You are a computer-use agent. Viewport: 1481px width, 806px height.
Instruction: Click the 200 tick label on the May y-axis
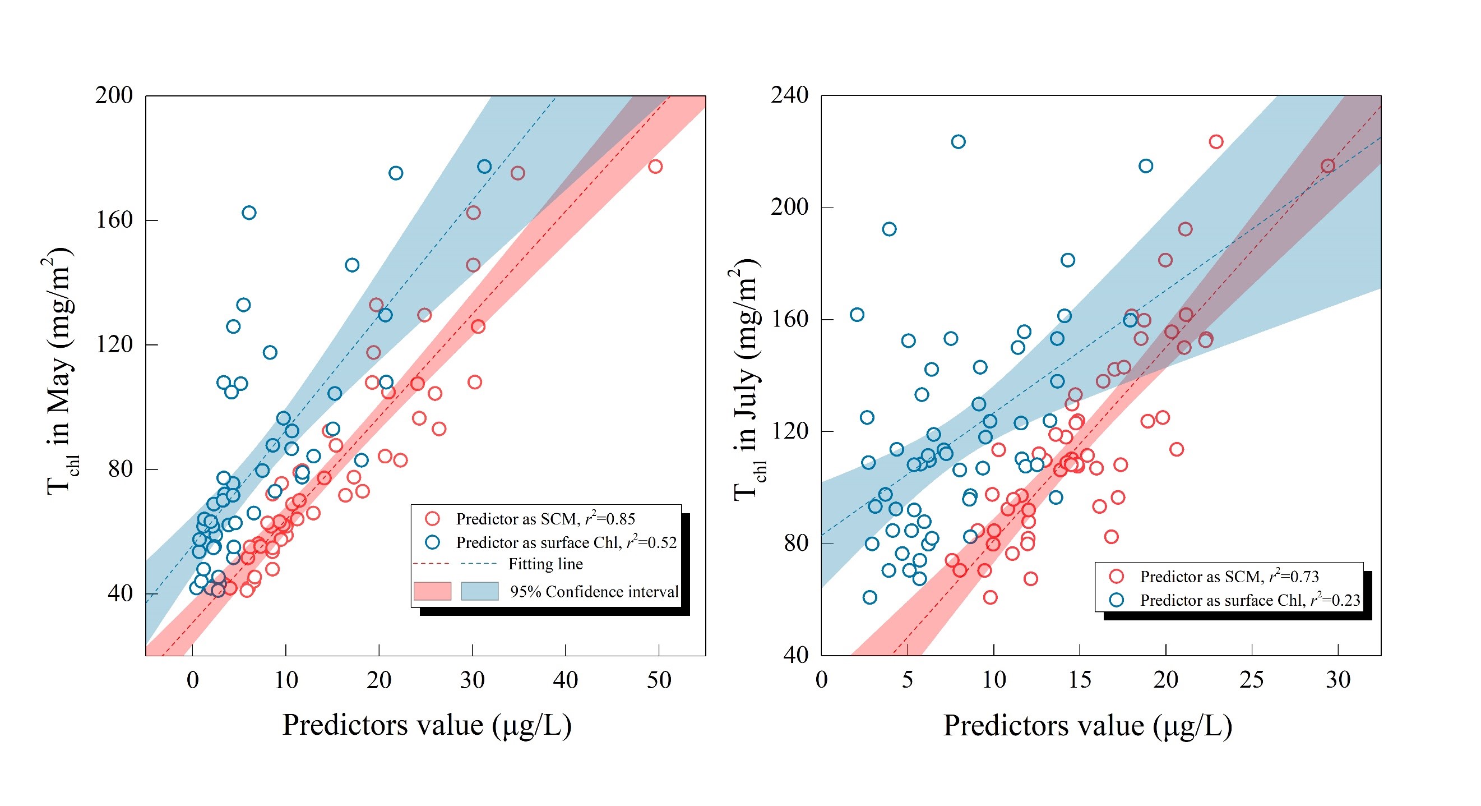coord(114,95)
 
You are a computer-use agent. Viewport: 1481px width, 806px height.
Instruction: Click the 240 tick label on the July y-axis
coord(789,95)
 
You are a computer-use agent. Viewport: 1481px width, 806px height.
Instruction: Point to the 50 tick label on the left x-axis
coord(659,680)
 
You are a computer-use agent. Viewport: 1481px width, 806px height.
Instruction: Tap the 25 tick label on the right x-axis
coord(1252,680)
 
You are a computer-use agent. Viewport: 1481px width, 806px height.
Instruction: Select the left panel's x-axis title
coord(427,725)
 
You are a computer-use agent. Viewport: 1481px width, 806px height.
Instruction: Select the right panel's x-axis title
coord(1087,725)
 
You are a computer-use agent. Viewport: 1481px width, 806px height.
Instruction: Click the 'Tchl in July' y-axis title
coord(747,380)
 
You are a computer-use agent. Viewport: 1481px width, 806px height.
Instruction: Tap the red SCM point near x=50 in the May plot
coord(655,167)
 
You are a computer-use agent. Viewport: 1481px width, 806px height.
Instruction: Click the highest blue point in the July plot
coord(958,142)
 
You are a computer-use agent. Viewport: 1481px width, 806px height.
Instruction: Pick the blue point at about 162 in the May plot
coord(249,213)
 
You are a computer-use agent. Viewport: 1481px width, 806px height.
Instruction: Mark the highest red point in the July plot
coord(1216,142)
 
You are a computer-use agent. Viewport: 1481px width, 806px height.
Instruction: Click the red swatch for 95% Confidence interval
coord(432,591)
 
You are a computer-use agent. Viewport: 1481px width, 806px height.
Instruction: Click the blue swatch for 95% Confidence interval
coord(479,591)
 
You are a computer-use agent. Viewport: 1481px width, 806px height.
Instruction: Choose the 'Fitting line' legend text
coord(545,564)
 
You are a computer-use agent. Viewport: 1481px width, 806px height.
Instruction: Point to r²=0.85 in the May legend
coord(610,519)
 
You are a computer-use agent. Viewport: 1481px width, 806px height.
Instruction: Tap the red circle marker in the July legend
coord(1117,577)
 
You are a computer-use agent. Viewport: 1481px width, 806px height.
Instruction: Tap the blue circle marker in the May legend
coord(432,542)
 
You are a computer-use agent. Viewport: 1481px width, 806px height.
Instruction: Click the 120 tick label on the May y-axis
coord(114,344)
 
